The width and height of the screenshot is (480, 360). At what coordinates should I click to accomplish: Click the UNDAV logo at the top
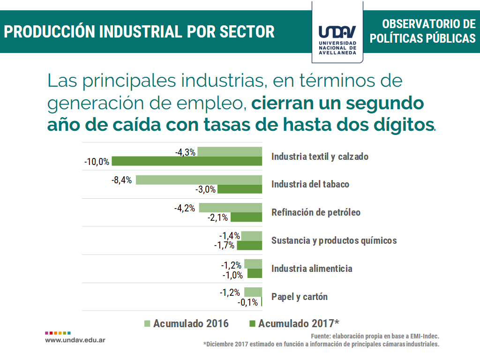337,32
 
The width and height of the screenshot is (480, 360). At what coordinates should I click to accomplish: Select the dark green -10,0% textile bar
187,161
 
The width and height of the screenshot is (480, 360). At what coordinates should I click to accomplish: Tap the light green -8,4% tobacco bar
199,180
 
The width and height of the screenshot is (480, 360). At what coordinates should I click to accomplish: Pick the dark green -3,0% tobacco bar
240,189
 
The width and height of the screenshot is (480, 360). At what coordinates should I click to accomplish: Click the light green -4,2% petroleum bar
230,208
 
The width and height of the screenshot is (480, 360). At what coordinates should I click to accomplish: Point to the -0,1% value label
248,302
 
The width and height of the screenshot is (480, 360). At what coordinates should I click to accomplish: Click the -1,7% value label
224,245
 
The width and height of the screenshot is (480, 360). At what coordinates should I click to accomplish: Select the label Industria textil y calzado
320,157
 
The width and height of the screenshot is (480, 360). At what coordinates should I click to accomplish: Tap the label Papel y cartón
299,297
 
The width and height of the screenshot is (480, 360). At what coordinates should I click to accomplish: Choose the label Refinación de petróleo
316,212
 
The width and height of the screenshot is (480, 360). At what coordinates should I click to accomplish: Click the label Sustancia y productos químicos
334,240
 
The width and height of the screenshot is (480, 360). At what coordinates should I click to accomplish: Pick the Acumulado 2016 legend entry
186,323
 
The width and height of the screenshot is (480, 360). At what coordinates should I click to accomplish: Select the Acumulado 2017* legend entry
293,323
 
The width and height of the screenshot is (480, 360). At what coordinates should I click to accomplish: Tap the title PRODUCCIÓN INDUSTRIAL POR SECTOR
139,31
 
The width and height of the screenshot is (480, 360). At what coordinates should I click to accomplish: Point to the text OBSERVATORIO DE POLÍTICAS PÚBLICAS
422,31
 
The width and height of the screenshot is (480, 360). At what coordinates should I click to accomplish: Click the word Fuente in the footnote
321,337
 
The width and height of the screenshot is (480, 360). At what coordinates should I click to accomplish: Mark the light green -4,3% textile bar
229,151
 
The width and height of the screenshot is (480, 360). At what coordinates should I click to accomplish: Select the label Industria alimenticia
312,269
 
